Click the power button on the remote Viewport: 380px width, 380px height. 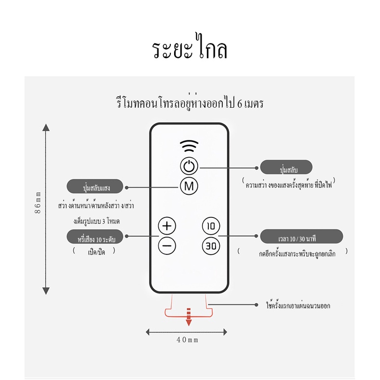coord(189,166)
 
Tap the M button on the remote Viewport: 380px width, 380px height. coord(189,186)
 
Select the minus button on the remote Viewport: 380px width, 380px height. coord(167,246)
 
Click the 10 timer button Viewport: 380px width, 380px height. coord(211,226)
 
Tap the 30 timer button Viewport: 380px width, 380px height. coord(211,246)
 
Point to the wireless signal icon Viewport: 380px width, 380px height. coord(189,146)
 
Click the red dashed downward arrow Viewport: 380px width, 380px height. coord(189,317)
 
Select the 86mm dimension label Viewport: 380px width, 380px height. coord(38,203)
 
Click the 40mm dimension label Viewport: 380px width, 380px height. coord(187,340)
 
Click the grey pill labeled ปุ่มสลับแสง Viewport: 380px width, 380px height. coord(95,186)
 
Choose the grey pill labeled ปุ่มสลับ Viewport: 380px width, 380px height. coord(286,167)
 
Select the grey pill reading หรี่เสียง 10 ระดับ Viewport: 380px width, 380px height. coord(95,237)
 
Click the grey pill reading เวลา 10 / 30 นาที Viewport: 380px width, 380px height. coord(302,236)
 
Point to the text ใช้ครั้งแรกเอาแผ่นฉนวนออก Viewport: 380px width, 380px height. coord(298,305)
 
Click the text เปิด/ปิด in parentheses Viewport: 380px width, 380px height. coord(96,252)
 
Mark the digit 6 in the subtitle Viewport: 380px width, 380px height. coord(240,104)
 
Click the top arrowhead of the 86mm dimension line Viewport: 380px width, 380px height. coord(46,127)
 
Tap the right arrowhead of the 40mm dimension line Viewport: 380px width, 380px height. coord(225,332)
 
